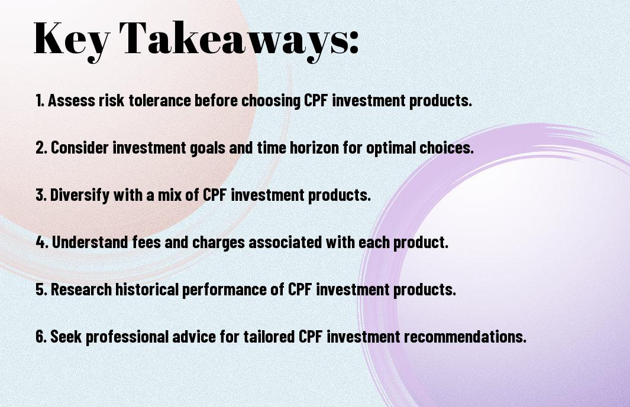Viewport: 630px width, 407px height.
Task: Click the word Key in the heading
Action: [72, 41]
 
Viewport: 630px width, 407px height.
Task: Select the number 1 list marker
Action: [40, 100]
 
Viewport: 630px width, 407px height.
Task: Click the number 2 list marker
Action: [41, 148]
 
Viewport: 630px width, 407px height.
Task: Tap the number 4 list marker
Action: [42, 242]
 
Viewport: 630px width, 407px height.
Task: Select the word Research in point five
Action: [81, 289]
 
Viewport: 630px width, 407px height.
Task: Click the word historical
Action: [147, 289]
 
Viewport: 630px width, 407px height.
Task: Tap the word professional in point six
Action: [127, 337]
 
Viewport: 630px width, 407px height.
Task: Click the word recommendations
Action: [465, 337]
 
